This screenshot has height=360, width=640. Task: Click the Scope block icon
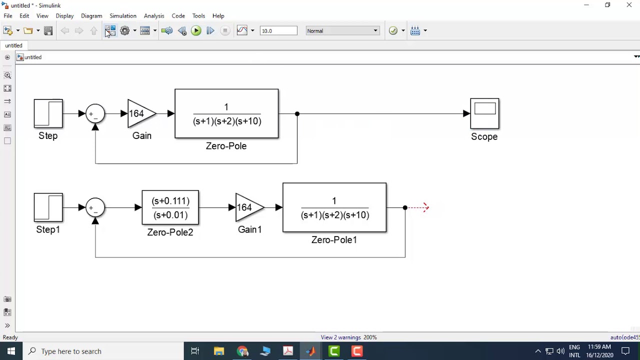click(x=484, y=113)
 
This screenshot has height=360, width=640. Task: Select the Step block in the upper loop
click(x=48, y=113)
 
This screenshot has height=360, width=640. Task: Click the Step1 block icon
click(x=48, y=207)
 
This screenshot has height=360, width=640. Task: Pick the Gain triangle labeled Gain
click(x=140, y=113)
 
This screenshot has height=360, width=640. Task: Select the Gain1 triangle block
click(x=248, y=207)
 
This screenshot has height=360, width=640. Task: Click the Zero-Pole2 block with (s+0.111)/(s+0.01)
click(x=170, y=207)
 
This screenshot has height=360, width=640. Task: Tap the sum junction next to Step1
click(x=95, y=207)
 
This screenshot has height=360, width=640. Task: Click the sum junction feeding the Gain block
click(x=95, y=113)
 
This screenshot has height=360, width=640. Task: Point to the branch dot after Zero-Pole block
click(x=297, y=114)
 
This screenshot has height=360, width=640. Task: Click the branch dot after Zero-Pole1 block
click(x=405, y=207)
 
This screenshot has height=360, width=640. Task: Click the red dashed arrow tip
click(x=425, y=207)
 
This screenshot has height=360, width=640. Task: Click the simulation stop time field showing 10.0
click(x=278, y=31)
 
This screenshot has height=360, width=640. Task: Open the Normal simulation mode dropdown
click(x=342, y=31)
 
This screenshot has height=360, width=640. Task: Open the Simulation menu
click(x=123, y=16)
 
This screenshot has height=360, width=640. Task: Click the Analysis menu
click(x=154, y=16)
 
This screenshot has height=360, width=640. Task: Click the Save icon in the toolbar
click(x=48, y=31)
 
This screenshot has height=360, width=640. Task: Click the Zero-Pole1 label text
click(x=334, y=240)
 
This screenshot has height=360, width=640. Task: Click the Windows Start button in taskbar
click(x=11, y=351)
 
